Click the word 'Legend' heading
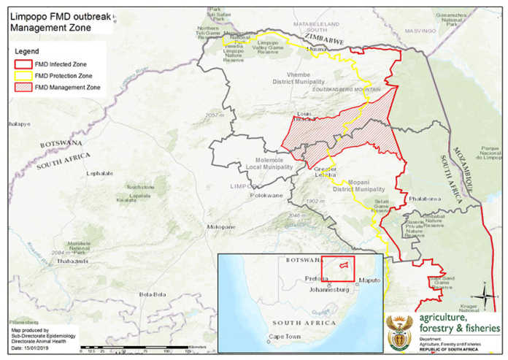pos(27,52)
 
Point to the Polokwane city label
pos(266,196)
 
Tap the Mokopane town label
pos(220,227)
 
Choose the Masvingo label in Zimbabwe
pos(420,31)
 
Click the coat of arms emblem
pos(400,329)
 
